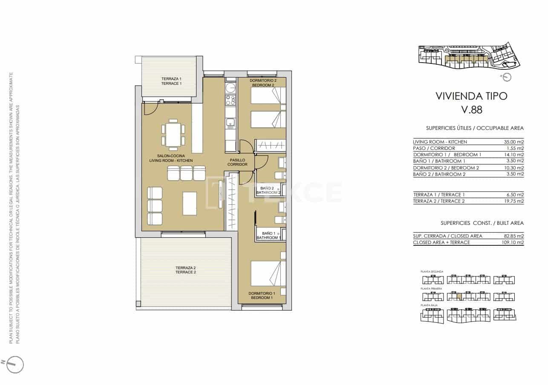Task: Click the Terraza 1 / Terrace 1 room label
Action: (171, 81)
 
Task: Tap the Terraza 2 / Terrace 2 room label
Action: (185, 270)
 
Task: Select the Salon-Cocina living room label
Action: (171, 158)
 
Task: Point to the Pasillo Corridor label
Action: (237, 162)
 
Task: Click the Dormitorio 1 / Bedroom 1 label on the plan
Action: (262, 296)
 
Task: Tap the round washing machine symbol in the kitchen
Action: (231, 88)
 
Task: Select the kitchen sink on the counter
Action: (231, 124)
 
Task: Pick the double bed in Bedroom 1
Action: (268, 273)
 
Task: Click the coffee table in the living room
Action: (190, 204)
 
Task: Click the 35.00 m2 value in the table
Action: (514, 142)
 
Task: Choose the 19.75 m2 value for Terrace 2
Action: (514, 201)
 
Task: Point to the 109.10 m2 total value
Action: (513, 242)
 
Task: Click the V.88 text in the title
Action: (472, 110)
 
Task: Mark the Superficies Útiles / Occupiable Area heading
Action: (475, 128)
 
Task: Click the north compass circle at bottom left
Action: (15, 364)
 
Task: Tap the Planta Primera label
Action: (431, 289)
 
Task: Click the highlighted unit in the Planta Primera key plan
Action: (459, 296)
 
